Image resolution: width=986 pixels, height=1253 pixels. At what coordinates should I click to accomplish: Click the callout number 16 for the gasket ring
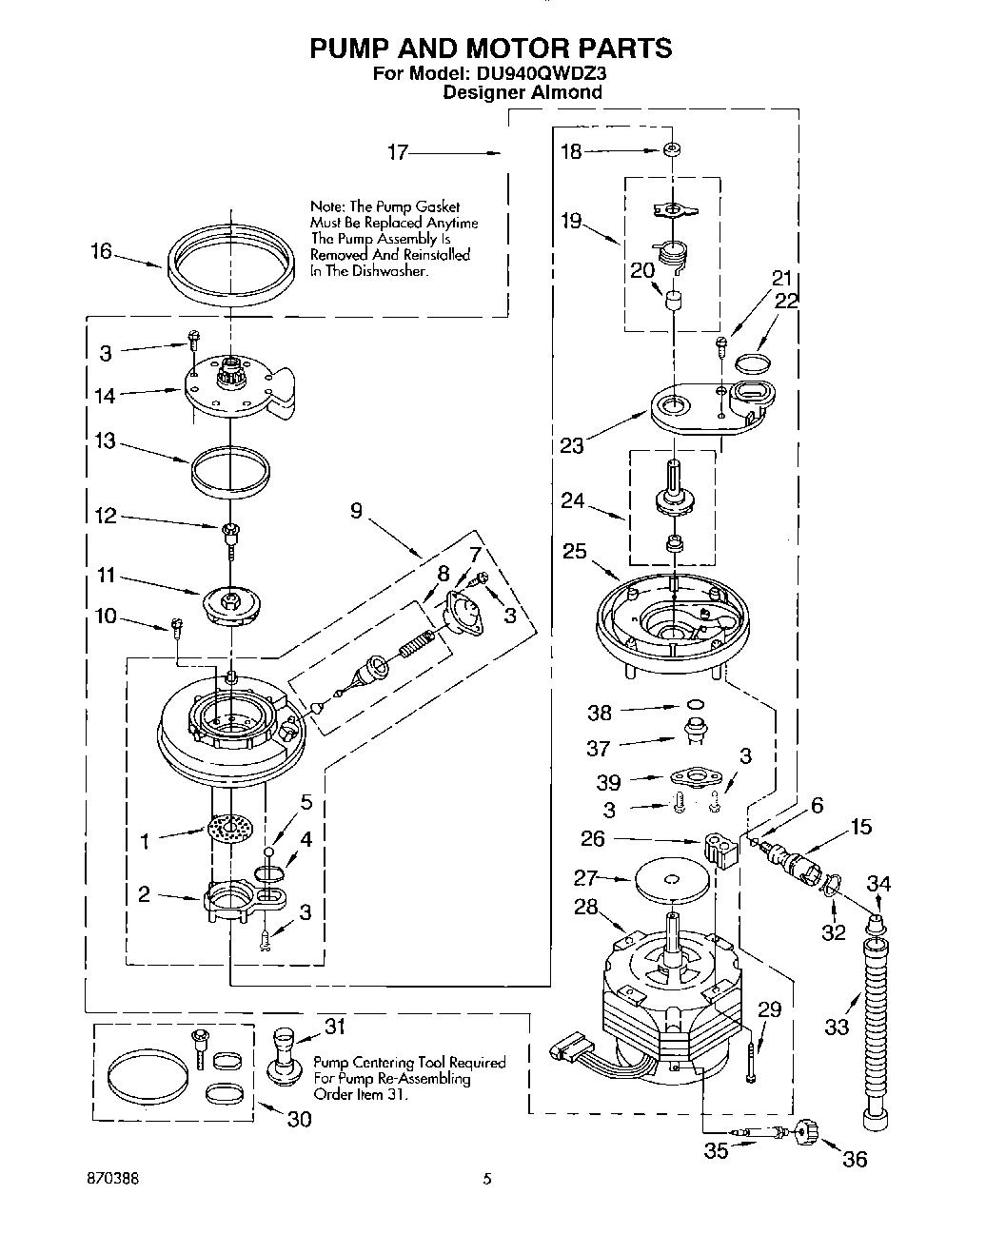101,252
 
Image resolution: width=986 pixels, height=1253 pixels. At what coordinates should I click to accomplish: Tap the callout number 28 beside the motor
585,907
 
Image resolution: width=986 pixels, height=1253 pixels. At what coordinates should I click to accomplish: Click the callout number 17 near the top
398,152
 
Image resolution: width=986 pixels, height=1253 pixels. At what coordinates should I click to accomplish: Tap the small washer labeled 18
673,150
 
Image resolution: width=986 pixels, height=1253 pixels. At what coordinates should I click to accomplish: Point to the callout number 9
355,511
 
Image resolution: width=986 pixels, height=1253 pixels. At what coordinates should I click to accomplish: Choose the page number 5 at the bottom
487,1179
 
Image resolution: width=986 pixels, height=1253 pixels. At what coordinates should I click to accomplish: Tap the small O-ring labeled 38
697,705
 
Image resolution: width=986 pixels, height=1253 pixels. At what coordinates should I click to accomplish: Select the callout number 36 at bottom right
856,1158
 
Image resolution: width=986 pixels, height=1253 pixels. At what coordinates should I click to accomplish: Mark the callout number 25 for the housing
575,551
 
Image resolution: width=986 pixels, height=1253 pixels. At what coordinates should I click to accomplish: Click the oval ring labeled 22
754,362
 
